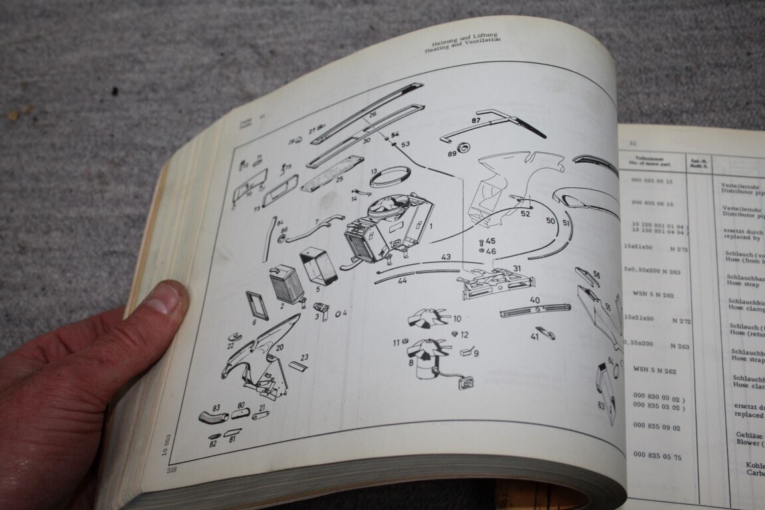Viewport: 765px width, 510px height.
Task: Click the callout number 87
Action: point(475,121)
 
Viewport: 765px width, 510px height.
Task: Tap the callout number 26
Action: point(373,114)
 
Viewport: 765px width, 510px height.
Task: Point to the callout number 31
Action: point(517,268)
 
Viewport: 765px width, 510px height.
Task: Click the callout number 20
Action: point(280,347)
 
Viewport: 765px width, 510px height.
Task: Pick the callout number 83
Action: point(216,406)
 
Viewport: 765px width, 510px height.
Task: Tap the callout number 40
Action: point(535,299)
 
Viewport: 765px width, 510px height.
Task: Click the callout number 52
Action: point(525,214)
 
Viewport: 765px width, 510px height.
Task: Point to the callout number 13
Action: point(374,171)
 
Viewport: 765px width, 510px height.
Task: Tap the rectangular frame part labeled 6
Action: point(257,306)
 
